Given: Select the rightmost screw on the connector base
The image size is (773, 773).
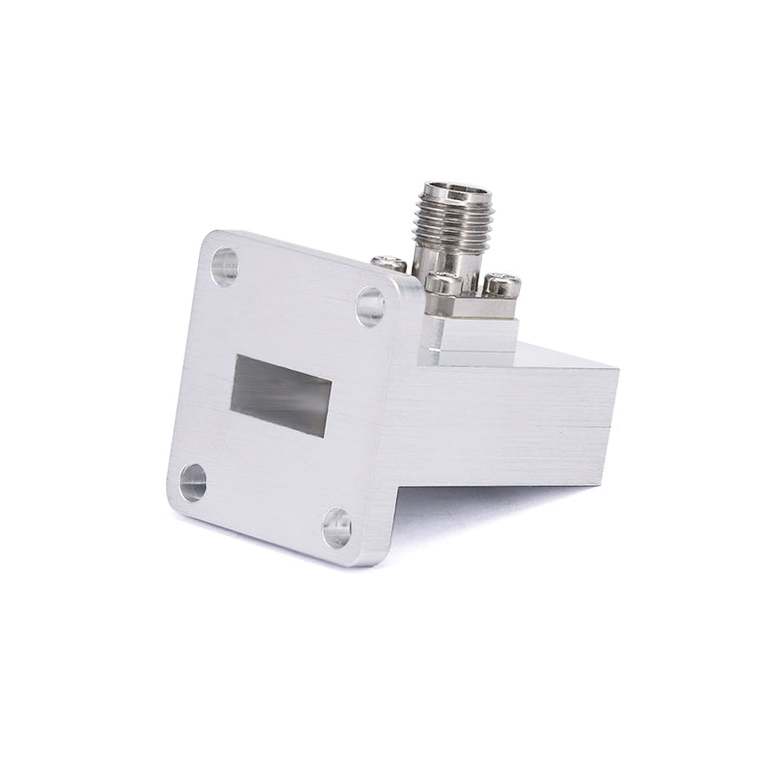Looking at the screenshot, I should click(501, 285).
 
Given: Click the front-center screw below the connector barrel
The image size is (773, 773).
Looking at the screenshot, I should click(441, 283).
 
